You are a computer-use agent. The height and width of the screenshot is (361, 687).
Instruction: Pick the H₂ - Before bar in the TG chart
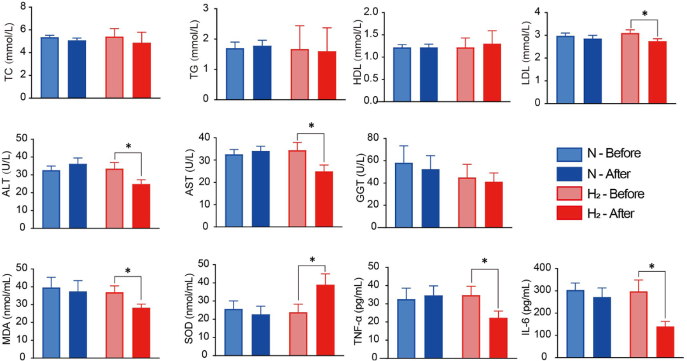[x=300, y=74]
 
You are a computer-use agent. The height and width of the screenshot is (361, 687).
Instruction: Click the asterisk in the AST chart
[x=311, y=126]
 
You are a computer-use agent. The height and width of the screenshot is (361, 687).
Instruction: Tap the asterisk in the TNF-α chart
[x=484, y=261]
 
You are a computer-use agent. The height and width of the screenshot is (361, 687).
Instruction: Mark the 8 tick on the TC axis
[x=24, y=7]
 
